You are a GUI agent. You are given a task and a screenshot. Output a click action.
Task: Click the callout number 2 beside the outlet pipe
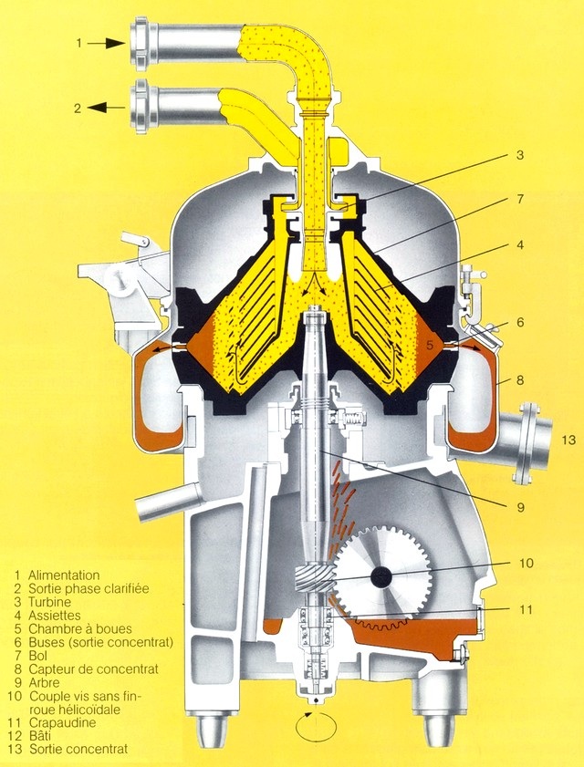coord(78,108)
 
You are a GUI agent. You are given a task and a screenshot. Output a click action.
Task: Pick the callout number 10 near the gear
coord(526,563)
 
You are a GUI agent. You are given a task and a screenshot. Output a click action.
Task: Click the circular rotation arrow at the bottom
coord(314,727)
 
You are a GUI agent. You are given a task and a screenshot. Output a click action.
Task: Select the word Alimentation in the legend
coord(64,575)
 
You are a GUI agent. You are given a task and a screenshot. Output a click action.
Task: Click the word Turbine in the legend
coord(51,603)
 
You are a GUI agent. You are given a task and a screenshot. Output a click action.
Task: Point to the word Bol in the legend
coord(38,656)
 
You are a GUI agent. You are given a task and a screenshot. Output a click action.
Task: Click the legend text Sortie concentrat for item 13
coord(78,749)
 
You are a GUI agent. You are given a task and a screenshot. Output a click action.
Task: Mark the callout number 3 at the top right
coord(519,156)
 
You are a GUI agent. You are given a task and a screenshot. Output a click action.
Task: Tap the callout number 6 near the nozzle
coord(519,322)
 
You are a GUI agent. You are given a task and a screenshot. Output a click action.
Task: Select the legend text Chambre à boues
coord(80,629)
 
